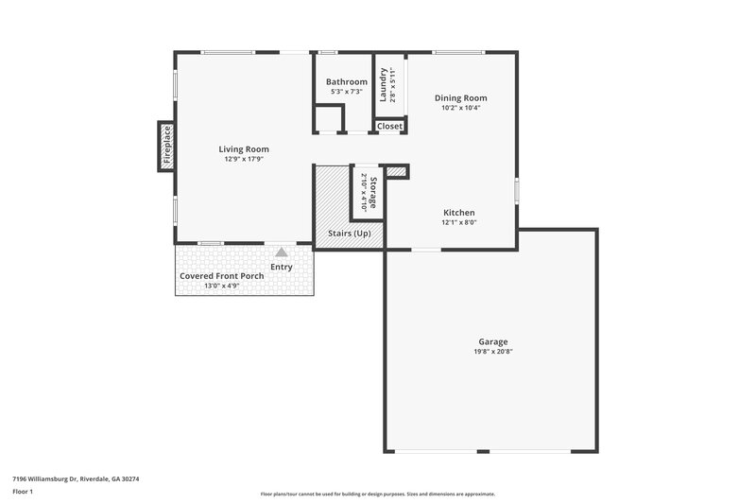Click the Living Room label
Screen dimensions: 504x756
point(244,148)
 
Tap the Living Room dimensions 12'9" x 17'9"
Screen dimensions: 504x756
point(244,160)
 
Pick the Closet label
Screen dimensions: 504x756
point(389,126)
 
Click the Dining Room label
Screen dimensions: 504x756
point(461,97)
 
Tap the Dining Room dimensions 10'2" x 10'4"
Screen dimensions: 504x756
point(461,108)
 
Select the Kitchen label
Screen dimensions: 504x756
point(458,213)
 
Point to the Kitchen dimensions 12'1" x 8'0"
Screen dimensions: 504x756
point(458,223)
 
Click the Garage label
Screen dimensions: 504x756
point(492,341)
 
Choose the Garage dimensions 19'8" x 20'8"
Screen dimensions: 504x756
point(492,352)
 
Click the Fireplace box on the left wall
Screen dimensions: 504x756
point(166,147)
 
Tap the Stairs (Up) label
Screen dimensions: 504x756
point(349,233)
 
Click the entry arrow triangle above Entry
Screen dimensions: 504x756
point(282,252)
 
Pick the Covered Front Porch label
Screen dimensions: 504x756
point(221,275)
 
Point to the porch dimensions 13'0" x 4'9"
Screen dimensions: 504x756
point(221,285)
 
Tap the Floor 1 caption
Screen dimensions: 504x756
point(24,493)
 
